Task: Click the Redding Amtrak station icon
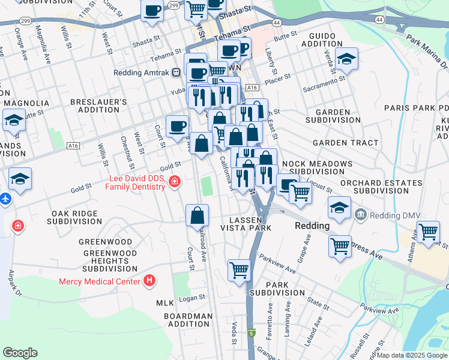[x=176, y=72]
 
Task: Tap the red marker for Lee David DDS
[x=174, y=181]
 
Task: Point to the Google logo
[x=20, y=353]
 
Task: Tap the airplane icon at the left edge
[x=4, y=198]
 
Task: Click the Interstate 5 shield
[x=251, y=333]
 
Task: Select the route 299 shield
[x=173, y=5]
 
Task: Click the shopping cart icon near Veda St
[x=240, y=270]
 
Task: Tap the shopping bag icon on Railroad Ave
[x=197, y=215]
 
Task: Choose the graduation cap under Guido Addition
[x=346, y=59]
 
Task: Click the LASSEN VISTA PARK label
[x=247, y=223]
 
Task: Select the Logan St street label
[x=192, y=297]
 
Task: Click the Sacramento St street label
[x=324, y=83]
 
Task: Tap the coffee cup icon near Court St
[x=177, y=126]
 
